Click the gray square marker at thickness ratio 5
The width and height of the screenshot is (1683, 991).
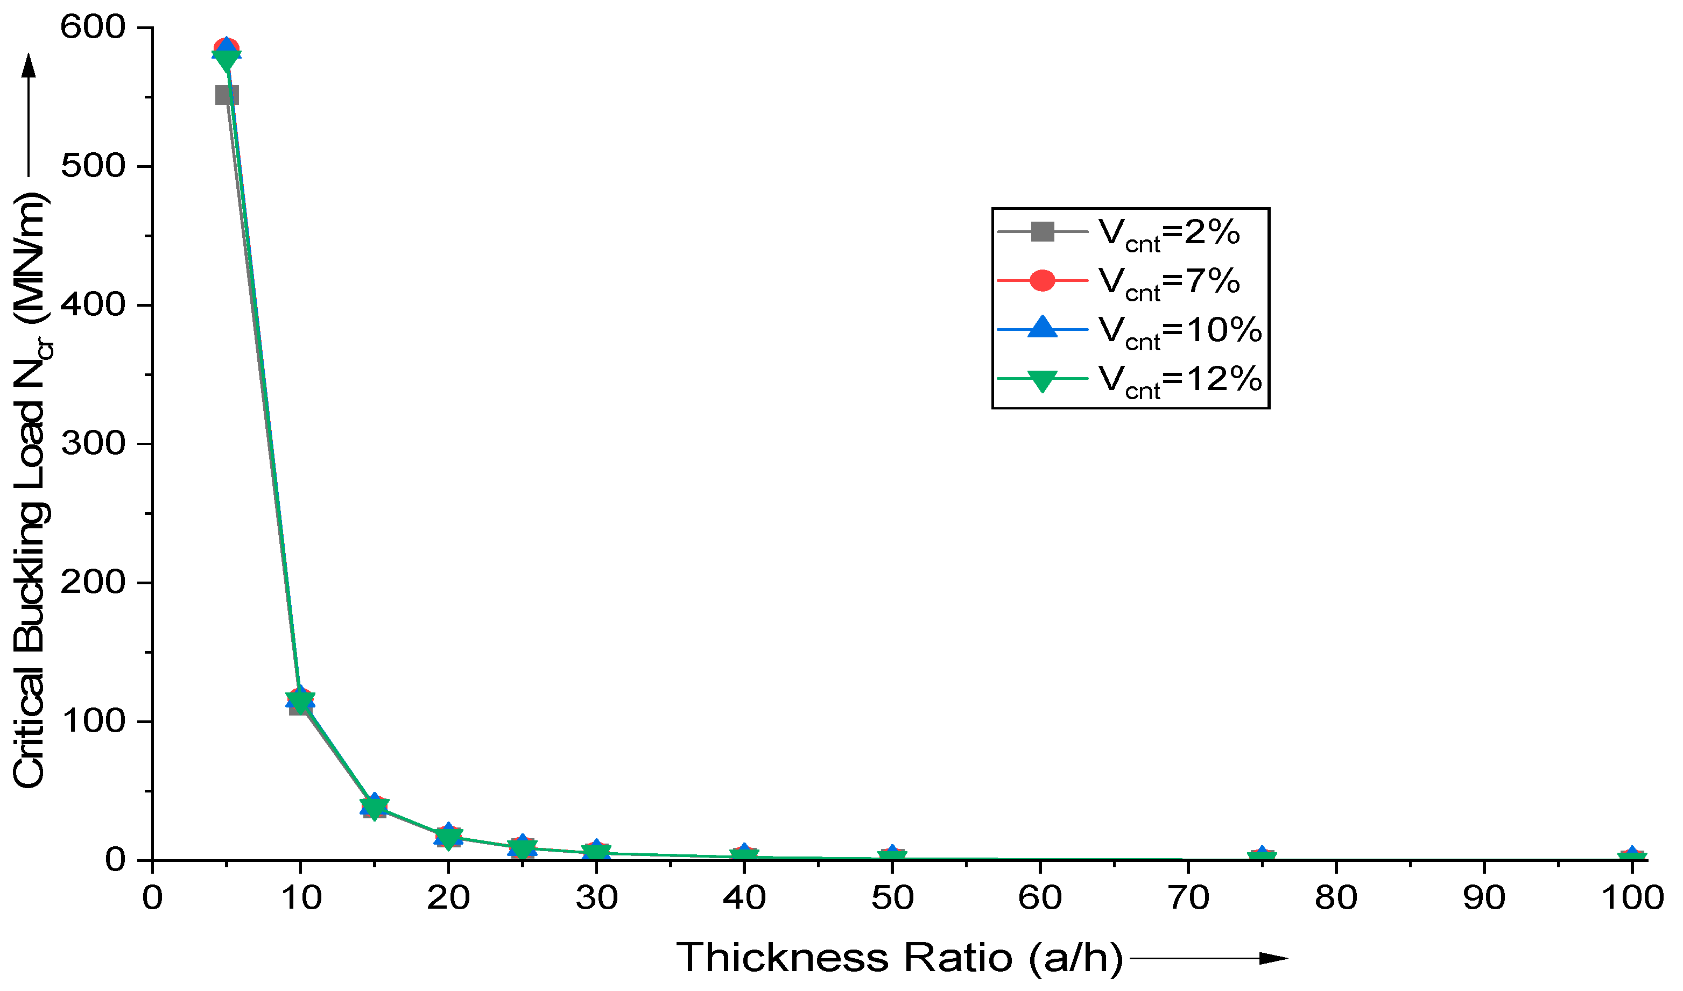click(x=227, y=95)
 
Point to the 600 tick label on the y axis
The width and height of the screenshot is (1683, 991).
click(x=93, y=27)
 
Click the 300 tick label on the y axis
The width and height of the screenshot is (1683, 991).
click(x=93, y=443)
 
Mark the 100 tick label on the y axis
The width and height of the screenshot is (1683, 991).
click(x=93, y=721)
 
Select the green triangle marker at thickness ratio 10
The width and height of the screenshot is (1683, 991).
click(x=300, y=700)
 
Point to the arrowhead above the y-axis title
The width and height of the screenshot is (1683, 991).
click(x=28, y=66)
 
